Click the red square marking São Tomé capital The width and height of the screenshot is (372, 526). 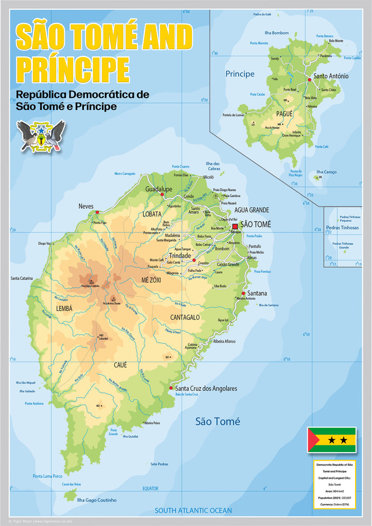tap(235, 226)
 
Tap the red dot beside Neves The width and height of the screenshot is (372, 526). tap(97, 212)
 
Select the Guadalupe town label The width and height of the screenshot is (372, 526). tap(158, 190)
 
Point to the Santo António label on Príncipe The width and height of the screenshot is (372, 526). tap(331, 76)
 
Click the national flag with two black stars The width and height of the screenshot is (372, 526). tap(331, 440)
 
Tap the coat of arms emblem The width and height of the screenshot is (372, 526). tap(41, 136)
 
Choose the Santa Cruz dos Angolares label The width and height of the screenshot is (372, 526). tap(206, 388)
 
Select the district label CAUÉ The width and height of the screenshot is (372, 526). tap(120, 365)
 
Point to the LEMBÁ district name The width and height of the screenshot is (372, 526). tap(64, 309)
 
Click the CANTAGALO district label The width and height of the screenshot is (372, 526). tap(185, 317)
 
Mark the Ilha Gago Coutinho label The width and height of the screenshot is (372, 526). tap(96, 500)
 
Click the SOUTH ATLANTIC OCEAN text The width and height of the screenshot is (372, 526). tap(193, 511)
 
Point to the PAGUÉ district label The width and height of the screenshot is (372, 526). tap(284, 113)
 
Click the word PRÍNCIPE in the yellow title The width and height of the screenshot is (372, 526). tap(73, 68)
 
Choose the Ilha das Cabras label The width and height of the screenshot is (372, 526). tap(213, 166)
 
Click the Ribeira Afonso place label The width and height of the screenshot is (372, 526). tap(224, 341)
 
